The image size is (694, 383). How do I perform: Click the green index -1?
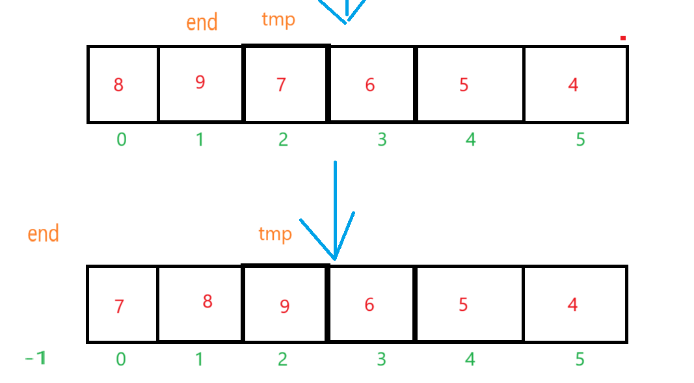coord(36,358)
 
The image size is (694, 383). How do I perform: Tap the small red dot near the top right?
coord(622,38)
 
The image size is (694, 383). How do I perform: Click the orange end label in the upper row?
coord(202,23)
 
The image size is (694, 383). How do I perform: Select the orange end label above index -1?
coord(44,233)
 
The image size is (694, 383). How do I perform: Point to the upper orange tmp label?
coord(278,20)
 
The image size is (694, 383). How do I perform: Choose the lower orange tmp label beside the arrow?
coord(275,234)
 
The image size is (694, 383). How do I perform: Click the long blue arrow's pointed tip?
coord(334,258)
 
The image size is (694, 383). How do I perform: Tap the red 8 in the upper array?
coord(118,85)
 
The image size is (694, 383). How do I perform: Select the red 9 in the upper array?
coord(200,83)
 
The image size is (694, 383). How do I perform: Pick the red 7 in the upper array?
coord(281,85)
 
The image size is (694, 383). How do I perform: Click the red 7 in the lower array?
coord(119,306)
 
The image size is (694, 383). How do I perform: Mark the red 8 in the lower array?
coord(207,302)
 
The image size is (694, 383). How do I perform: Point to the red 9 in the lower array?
coord(285,306)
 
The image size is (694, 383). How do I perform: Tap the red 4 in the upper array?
coord(573,85)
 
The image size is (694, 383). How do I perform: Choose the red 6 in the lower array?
coord(369,304)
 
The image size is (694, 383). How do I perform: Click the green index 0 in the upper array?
coord(121,139)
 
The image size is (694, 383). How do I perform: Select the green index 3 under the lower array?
coord(382,359)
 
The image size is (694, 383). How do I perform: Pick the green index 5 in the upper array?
coord(581,139)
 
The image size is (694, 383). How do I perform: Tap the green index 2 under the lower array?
coord(282,359)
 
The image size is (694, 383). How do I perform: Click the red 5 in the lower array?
coord(463,304)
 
